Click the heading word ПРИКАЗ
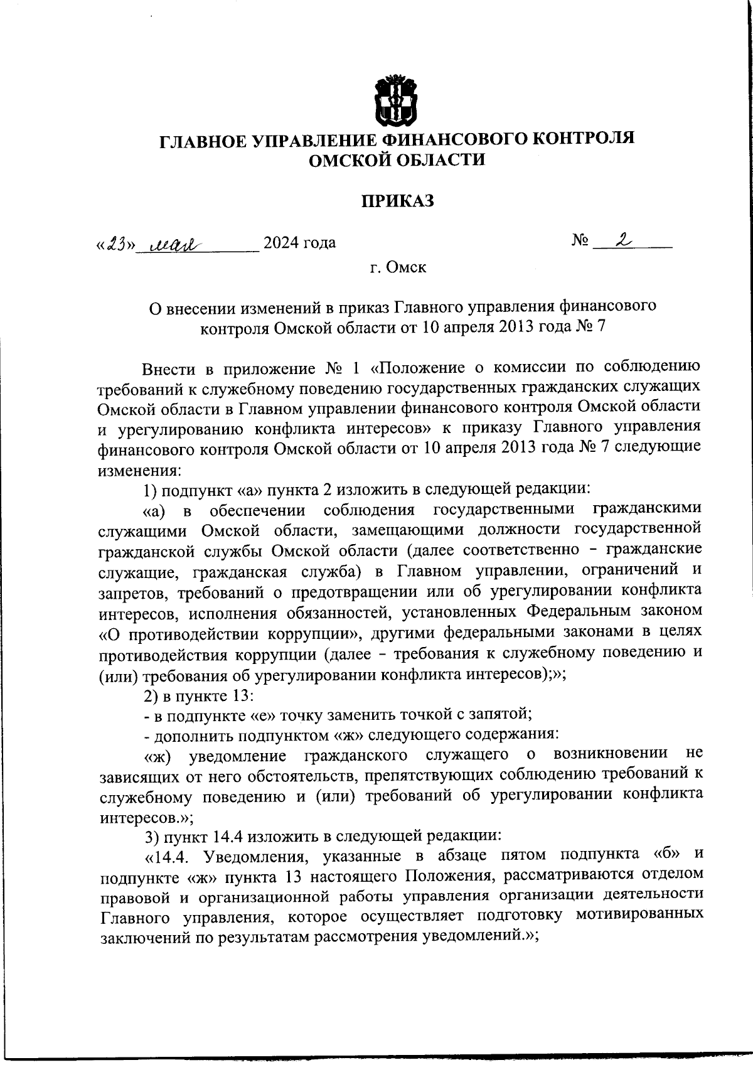397,201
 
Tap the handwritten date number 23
115,243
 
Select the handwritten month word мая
165,243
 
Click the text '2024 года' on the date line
299,243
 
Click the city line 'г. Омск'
397,268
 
